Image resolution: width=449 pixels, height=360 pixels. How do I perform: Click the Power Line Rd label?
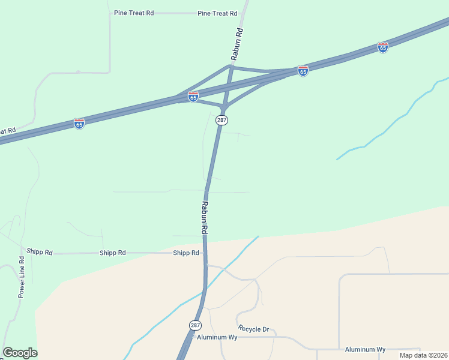21,277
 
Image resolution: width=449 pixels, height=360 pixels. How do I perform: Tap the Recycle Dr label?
253,329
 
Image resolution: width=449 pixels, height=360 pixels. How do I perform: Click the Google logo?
20,353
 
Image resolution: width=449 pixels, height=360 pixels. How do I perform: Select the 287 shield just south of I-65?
221,120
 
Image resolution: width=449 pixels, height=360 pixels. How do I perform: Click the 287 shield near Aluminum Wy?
195,325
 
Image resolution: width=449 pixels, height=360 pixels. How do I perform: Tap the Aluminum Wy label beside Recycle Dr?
217,337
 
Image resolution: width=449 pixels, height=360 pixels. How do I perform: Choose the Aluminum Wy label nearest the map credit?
365,349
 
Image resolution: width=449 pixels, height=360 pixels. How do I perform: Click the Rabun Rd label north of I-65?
238,43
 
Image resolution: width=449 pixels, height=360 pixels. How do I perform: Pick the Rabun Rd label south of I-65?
205,217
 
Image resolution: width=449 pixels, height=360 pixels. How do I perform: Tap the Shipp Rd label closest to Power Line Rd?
40,253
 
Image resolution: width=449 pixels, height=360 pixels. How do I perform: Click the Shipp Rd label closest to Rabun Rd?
185,253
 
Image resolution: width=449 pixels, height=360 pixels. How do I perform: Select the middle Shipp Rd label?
113,253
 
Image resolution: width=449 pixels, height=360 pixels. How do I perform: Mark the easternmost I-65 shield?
383,47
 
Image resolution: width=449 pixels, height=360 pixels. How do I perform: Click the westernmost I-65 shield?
79,123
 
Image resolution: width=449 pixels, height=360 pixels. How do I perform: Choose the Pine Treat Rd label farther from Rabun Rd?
133,13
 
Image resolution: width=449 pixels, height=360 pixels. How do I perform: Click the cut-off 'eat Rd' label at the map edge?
7,130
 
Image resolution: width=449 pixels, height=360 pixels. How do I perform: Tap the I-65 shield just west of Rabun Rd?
193,97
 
